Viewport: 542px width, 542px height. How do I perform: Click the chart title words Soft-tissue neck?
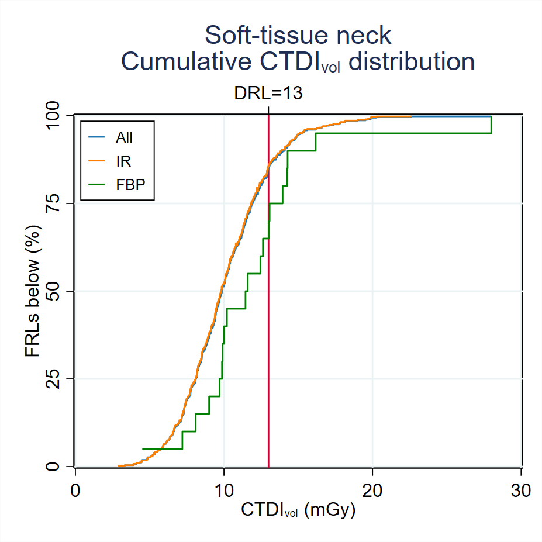coord(298,36)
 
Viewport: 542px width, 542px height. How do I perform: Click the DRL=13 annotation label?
coord(268,93)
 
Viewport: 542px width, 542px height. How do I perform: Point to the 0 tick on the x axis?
coord(75,490)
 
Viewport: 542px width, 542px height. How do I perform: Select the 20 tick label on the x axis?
coord(372,490)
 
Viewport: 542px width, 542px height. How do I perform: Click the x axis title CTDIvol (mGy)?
coord(298,510)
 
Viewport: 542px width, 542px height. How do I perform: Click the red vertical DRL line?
coord(268,351)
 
